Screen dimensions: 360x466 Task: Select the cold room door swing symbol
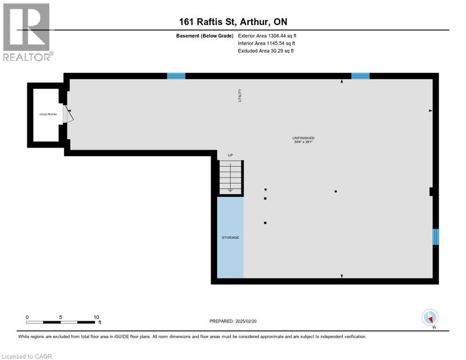point(68,114)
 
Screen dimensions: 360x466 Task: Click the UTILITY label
point(240,96)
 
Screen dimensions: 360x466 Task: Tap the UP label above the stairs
point(230,155)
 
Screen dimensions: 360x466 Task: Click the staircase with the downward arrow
point(231,177)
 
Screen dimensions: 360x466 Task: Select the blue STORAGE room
point(230,238)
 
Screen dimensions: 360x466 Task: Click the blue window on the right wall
point(436,237)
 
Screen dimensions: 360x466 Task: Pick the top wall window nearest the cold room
point(176,76)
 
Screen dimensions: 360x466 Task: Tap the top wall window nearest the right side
point(361,76)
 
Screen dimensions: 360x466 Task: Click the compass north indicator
point(430,317)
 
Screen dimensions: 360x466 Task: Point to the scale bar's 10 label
point(96,317)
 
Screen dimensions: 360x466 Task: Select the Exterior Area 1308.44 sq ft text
point(267,35)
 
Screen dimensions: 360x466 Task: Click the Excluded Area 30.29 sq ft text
point(266,51)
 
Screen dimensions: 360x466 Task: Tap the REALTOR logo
point(27,32)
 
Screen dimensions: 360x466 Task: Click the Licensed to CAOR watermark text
point(27,356)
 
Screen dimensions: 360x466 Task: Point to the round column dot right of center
point(336,191)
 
